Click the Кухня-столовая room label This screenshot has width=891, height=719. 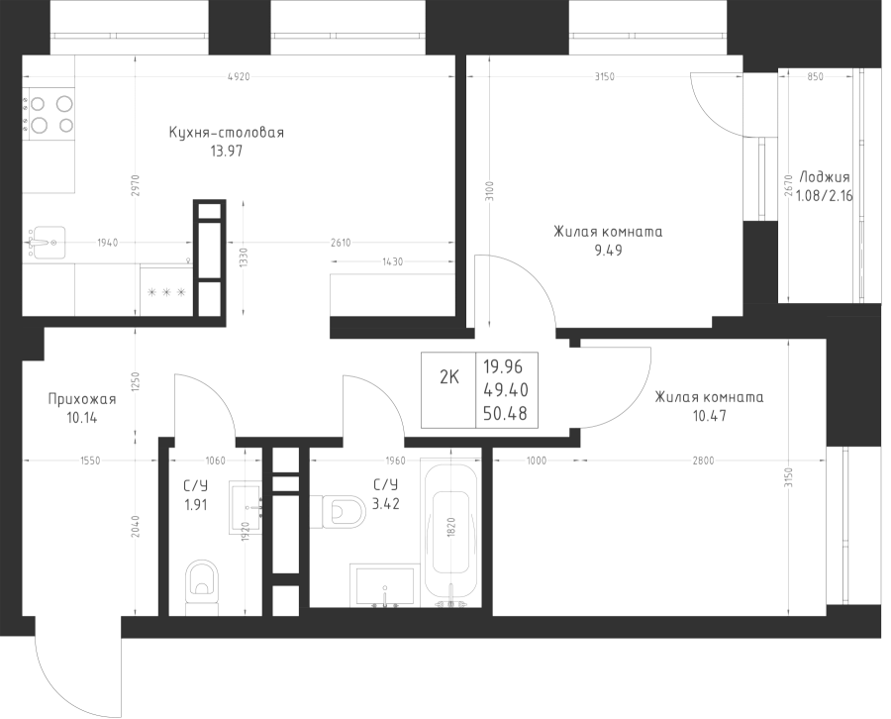(x=227, y=132)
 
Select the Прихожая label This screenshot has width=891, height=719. (x=82, y=399)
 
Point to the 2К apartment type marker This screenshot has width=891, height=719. (x=448, y=376)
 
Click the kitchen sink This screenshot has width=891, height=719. (x=45, y=241)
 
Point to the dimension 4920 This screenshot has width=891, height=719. (x=237, y=76)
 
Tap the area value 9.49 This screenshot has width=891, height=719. (x=608, y=251)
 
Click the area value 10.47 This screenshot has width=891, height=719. (x=708, y=416)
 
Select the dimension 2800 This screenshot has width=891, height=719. (x=704, y=461)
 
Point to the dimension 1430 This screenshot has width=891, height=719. (x=392, y=261)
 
